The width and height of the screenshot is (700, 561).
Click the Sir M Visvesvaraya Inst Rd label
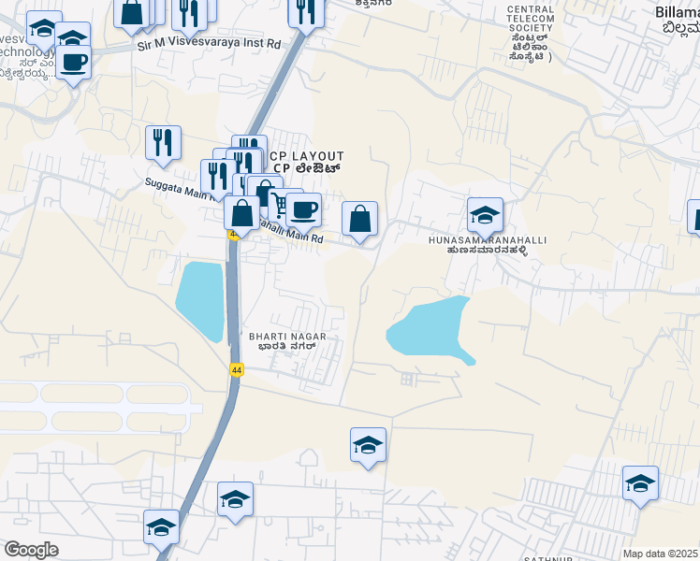tap(209, 43)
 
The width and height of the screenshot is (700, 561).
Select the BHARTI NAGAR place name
tap(280, 335)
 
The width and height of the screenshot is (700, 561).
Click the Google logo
tap(31, 549)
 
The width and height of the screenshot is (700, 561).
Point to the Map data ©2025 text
tap(661, 554)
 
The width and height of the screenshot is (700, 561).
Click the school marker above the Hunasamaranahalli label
tap(485, 216)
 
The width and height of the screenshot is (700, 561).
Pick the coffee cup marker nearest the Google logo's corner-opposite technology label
tap(73, 64)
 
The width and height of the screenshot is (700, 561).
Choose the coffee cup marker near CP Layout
tap(304, 210)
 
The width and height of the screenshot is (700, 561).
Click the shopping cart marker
tap(279, 202)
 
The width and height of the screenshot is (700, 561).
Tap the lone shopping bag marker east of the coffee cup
tap(359, 220)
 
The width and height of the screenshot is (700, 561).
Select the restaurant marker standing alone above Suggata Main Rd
tap(163, 142)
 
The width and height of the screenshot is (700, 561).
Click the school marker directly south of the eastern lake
tap(368, 446)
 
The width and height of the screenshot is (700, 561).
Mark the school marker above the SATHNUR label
tap(640, 483)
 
